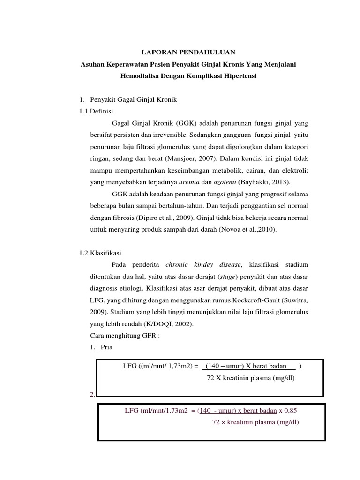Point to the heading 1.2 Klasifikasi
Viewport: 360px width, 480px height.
point(100,253)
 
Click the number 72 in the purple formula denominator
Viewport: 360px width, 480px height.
point(216,422)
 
